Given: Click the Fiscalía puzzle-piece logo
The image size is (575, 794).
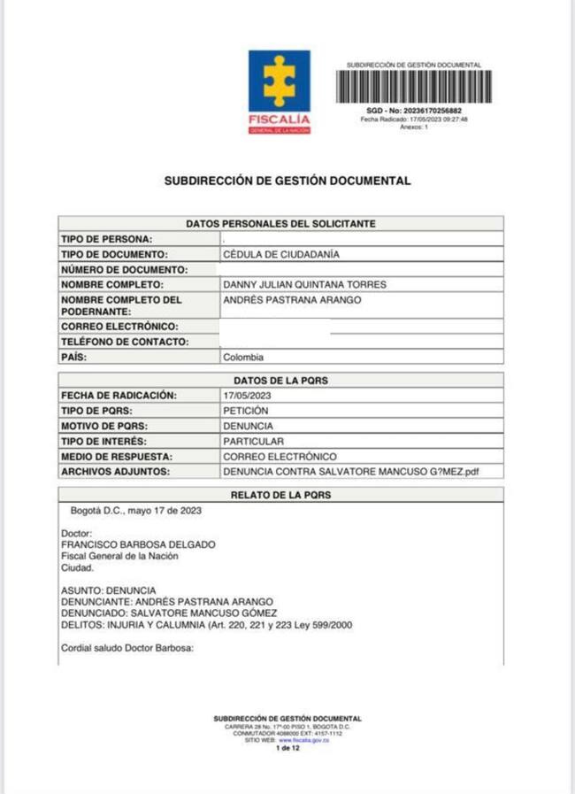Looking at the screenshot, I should point(279,81).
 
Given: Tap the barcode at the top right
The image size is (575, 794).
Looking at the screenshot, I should point(413,87).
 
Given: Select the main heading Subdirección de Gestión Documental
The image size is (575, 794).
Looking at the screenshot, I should point(287,181).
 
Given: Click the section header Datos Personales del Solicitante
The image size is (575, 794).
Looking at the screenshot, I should point(280,224).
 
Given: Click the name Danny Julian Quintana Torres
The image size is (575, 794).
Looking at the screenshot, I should point(305,284).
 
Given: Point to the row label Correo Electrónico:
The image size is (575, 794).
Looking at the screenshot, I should point(119,327).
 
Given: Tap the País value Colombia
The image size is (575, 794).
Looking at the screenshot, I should point(243,357).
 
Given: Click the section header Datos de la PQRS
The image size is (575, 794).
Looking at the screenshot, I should point(280,380).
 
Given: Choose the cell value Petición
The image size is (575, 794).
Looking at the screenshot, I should point(246,411).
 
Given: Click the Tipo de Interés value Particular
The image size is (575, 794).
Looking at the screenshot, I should point(253,441).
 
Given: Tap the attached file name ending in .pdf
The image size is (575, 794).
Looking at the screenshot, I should point(350,472).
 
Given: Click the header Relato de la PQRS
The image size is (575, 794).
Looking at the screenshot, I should point(280,495).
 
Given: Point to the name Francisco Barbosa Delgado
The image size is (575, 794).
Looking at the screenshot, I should point(138,544).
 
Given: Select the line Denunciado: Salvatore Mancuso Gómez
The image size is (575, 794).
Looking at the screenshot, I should point(169,613).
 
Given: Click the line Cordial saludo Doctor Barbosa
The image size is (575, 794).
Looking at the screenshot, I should point(126,647).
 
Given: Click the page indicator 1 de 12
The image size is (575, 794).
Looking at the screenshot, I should point(287,748).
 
